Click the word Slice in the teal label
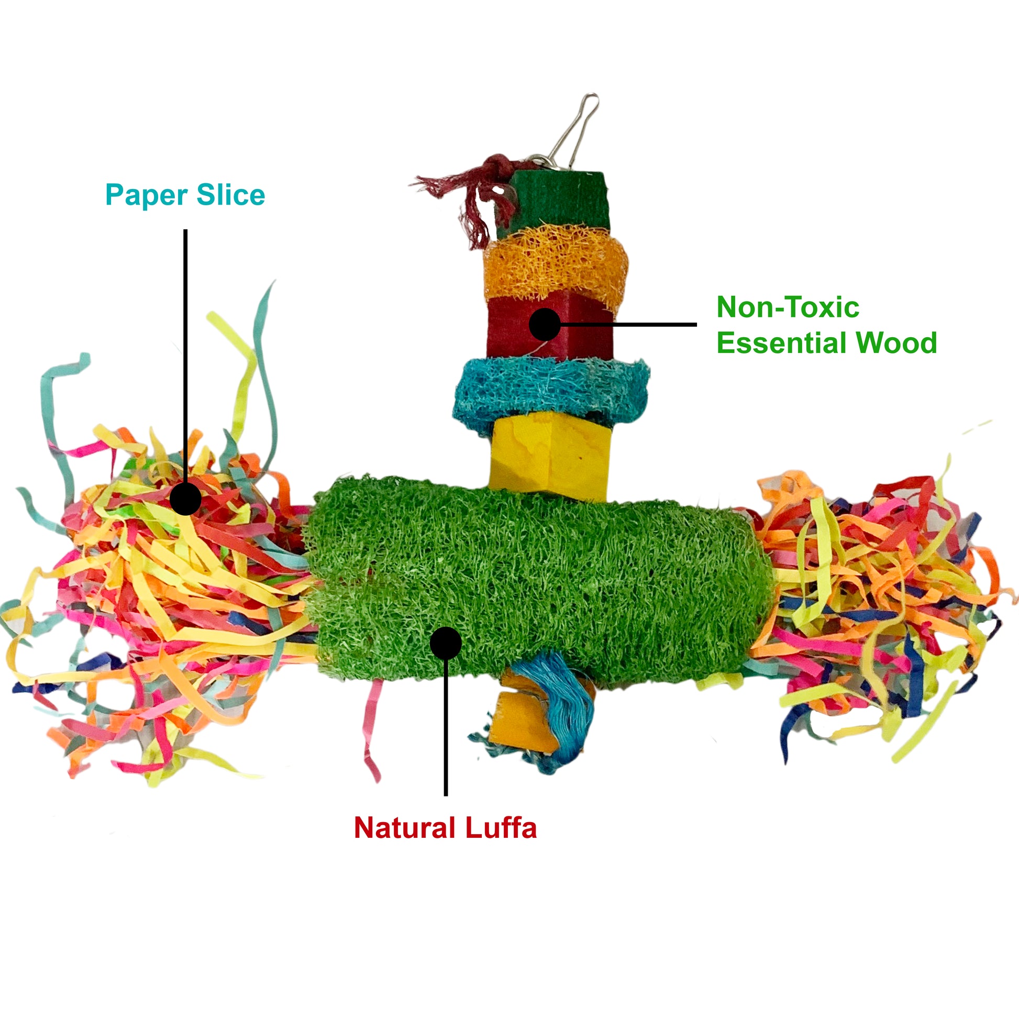[231, 195]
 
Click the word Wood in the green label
[896, 343]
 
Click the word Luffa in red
[501, 827]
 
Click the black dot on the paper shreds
[185, 499]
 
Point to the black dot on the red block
[544, 324]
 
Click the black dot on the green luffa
[446, 643]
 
